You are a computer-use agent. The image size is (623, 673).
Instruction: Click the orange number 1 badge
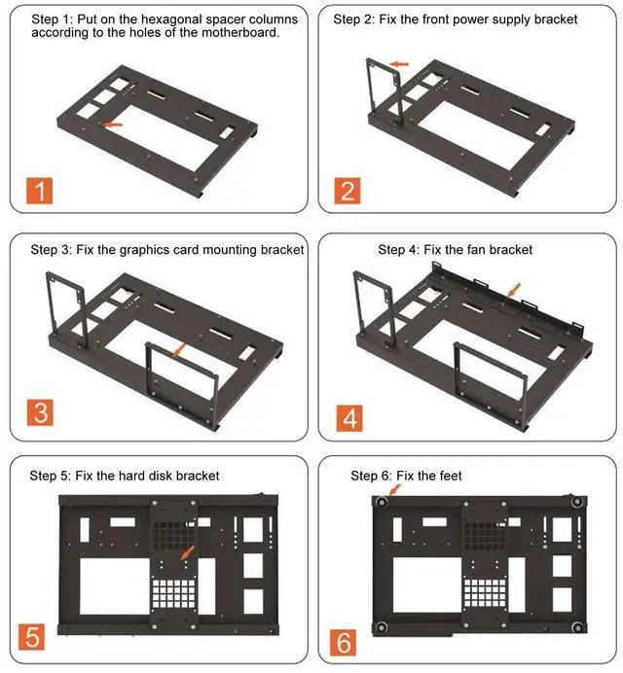[40, 191]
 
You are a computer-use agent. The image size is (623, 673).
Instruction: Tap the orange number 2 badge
[348, 191]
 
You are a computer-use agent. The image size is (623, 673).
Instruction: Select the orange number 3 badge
[40, 412]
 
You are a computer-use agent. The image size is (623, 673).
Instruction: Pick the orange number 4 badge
[349, 418]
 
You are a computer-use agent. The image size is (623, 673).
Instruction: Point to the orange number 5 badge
[32, 637]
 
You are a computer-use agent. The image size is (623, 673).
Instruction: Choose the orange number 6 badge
[344, 643]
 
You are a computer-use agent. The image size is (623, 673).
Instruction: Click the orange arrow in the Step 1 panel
[111, 124]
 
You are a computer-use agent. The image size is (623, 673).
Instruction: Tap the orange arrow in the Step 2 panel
[399, 64]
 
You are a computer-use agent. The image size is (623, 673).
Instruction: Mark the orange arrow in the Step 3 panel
[179, 349]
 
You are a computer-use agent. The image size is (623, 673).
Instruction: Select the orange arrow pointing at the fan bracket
[514, 290]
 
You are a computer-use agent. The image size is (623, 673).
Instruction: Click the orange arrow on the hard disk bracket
[188, 552]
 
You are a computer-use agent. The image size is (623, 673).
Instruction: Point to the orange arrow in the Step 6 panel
[394, 490]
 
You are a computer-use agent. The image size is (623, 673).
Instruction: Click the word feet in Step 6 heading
[451, 476]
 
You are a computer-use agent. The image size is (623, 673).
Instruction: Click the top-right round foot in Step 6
[577, 502]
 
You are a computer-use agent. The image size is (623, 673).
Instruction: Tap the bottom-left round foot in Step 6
[382, 627]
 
